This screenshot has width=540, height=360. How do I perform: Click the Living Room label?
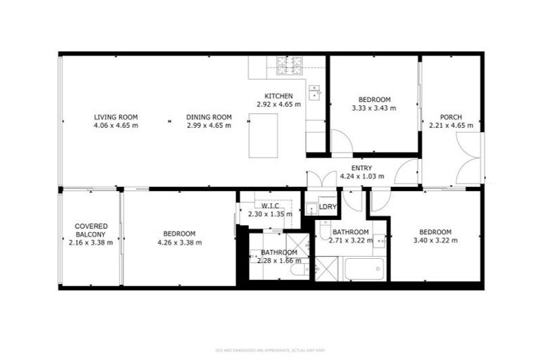[x=116, y=117]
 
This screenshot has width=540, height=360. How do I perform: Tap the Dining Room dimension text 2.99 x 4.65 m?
[x=209, y=125]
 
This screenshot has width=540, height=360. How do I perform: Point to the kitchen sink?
[x=314, y=91]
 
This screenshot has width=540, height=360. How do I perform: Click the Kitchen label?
[x=278, y=96]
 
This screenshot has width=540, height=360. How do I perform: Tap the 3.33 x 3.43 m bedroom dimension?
[x=373, y=108]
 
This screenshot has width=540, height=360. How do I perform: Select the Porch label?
[x=451, y=117]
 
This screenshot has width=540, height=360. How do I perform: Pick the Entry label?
[x=361, y=167]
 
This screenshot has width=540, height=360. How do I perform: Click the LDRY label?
[x=328, y=207]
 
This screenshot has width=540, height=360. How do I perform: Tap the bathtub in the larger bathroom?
[x=364, y=269]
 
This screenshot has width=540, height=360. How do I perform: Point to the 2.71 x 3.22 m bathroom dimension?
[x=350, y=240]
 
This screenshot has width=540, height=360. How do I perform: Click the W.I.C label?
[x=264, y=206]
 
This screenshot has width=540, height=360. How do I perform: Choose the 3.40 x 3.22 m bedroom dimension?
[x=435, y=240]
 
